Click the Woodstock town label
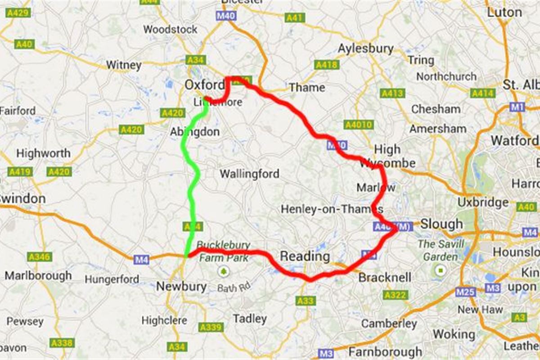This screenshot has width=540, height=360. point(170,30)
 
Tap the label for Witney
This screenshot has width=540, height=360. point(123,65)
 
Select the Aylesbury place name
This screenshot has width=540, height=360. point(365,49)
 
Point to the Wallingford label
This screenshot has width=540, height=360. point(249,174)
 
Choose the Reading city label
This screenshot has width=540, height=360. point(305,256)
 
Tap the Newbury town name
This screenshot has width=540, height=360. point(181,286)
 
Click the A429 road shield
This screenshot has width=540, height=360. point(18,13)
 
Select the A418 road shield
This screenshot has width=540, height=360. point(326,65)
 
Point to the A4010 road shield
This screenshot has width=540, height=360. point(358,125)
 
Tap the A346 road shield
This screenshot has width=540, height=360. point(39,256)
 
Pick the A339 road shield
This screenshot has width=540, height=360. point(211,327)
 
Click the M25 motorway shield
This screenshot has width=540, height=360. point(465,292)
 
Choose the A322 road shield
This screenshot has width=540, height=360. point(395,295)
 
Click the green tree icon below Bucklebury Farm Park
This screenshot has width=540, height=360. point(223,271)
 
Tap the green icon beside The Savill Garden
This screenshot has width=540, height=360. point(440,271)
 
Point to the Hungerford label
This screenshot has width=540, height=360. point(112,279)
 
